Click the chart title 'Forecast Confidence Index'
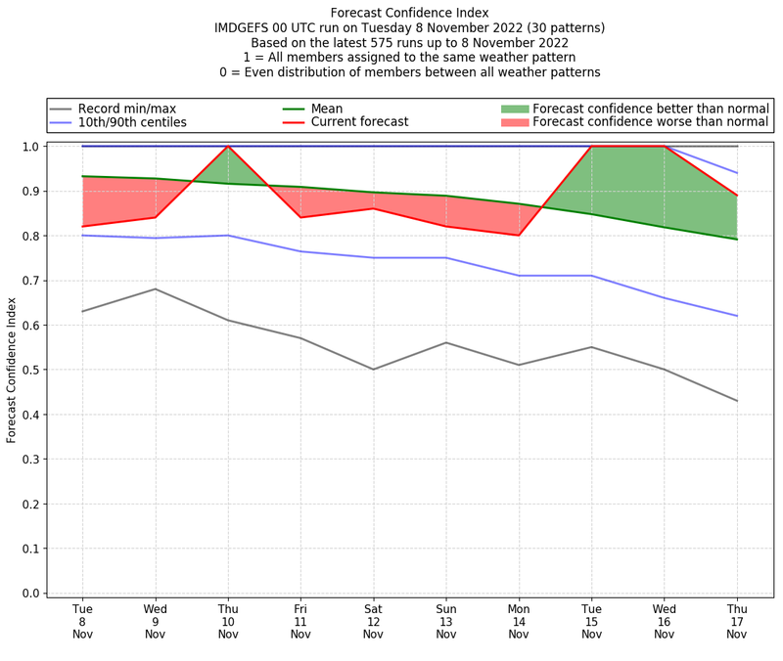(x=409, y=13)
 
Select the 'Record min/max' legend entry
(x=126, y=109)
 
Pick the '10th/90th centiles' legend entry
(x=132, y=122)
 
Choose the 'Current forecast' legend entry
(x=359, y=122)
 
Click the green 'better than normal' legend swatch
(x=515, y=109)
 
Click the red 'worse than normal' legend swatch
(x=515, y=122)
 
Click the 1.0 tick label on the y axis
(x=31, y=147)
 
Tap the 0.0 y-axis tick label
(x=31, y=594)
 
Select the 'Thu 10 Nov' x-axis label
(x=228, y=621)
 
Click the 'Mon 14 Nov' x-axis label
(x=519, y=621)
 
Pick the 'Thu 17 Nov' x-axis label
(x=737, y=621)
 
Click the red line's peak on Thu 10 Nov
(x=228, y=147)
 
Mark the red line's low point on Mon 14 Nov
(x=519, y=235)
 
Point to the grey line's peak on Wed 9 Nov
(x=156, y=288)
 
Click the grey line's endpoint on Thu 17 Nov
(x=737, y=401)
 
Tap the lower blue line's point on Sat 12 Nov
(x=373, y=257)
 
